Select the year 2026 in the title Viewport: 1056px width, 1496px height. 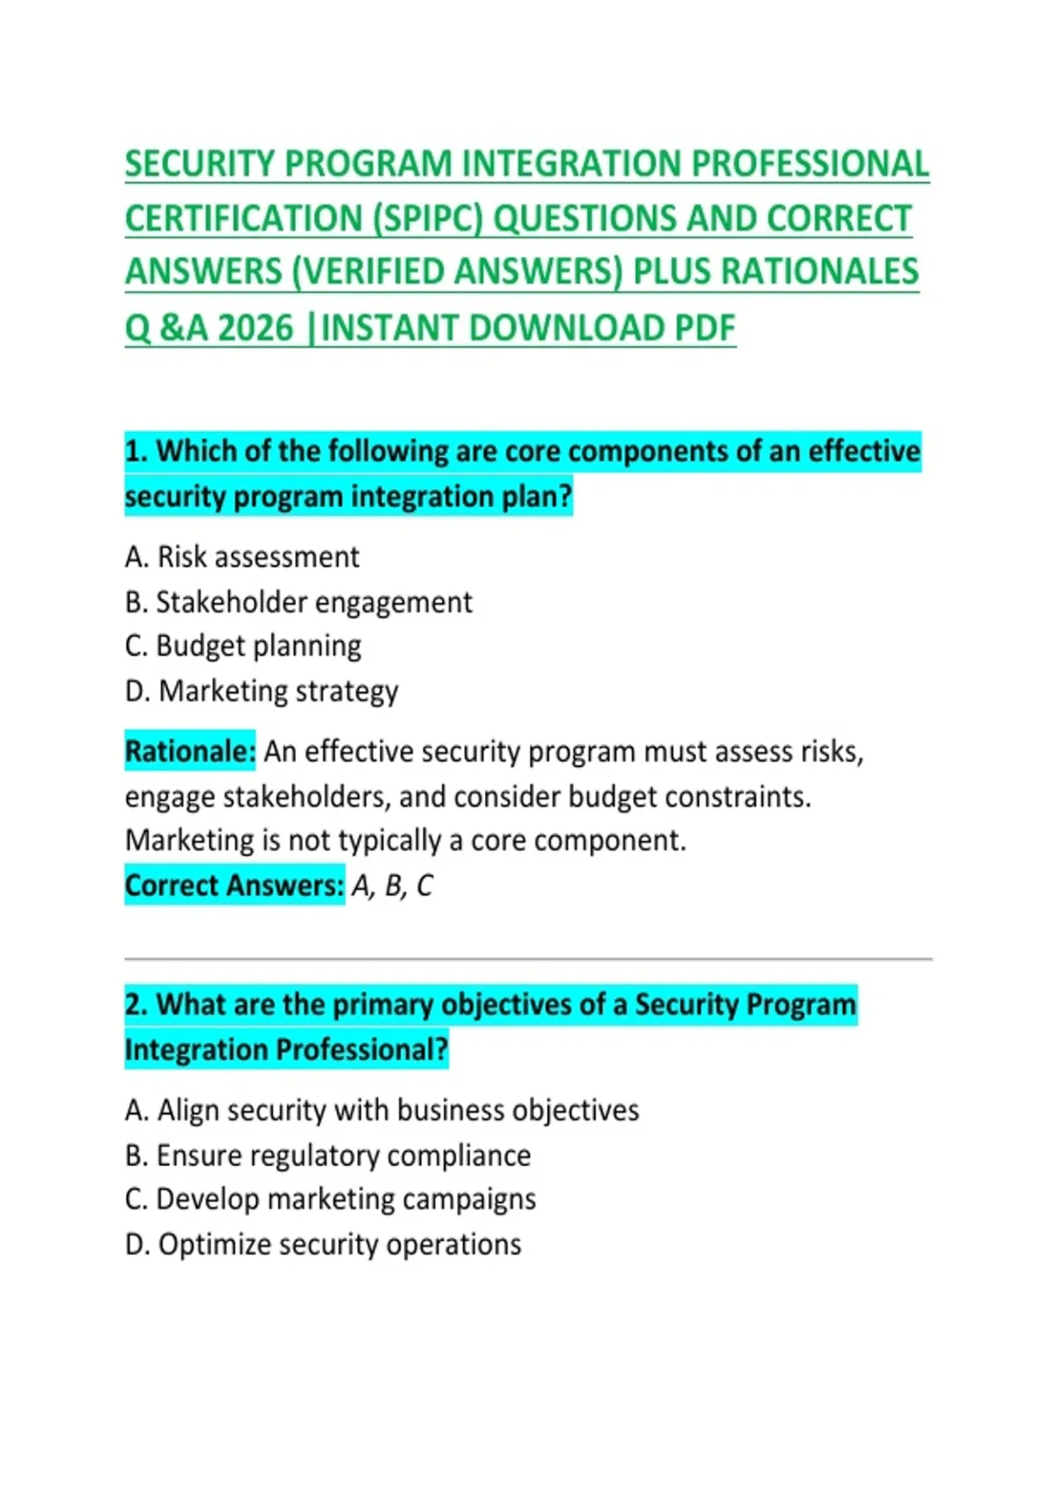[255, 328]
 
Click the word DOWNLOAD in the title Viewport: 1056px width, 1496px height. [567, 328]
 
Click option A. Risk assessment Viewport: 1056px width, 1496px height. [242, 557]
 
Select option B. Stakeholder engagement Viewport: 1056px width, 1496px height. [298, 603]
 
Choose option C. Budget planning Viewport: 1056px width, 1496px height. [243, 647]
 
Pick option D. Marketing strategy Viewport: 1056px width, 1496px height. [261, 692]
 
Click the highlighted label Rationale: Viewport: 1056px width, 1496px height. [190, 752]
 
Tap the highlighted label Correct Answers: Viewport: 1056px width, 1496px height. [234, 885]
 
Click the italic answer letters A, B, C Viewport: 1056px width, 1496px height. [392, 886]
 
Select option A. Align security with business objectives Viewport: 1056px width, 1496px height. [382, 1111]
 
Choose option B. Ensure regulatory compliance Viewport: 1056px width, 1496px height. [327, 1155]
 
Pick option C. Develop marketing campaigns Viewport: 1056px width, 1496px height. [330, 1199]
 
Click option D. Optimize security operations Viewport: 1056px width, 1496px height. [323, 1244]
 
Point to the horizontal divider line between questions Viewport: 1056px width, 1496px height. [528, 959]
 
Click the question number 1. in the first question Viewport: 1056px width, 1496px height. [136, 451]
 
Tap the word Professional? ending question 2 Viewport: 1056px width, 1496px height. [363, 1050]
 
